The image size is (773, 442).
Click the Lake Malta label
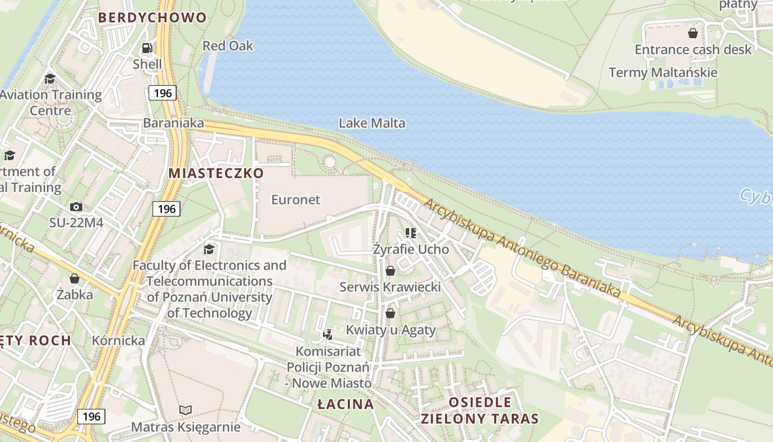372,123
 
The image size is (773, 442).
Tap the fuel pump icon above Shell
147,48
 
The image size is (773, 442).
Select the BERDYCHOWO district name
152,18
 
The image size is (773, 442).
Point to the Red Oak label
227,46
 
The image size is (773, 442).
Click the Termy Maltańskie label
663,72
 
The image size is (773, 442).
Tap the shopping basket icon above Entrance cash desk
693,33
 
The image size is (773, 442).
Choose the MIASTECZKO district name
216,173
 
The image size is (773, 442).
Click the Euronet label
295,199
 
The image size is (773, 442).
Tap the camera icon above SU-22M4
76,207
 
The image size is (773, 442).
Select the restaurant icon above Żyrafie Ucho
410,233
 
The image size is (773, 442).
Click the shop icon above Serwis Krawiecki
390,271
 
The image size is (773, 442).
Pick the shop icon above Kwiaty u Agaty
390,313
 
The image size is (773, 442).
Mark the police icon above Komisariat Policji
328,334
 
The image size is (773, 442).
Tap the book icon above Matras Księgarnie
186,410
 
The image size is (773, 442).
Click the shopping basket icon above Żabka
75,278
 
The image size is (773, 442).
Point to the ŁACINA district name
346,404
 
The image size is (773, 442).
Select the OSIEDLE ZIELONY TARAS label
479,410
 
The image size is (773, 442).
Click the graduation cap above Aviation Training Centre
50,78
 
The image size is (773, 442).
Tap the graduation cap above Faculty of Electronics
209,249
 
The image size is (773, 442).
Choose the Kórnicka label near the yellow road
118,340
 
